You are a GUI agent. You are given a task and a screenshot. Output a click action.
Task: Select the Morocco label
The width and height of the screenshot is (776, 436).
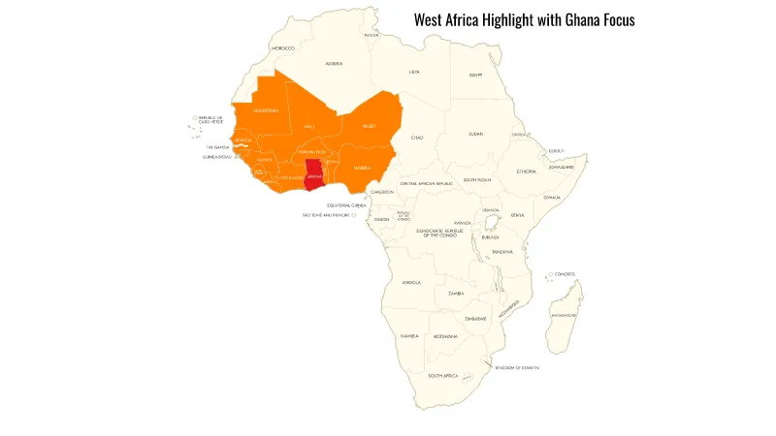point(283,47)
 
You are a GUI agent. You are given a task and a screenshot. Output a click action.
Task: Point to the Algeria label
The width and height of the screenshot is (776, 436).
point(334,64)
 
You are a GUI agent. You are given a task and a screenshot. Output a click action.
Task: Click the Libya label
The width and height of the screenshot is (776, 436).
point(414,72)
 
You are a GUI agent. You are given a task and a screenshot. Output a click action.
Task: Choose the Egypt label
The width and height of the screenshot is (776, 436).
point(475,75)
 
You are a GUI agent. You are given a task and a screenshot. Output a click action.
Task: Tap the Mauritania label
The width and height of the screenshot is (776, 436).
point(266,110)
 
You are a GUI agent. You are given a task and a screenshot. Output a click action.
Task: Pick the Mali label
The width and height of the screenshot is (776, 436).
point(309,126)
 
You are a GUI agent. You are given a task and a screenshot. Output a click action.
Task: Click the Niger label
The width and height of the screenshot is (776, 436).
point(369,126)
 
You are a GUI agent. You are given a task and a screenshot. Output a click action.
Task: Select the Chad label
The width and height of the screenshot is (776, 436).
point(418,138)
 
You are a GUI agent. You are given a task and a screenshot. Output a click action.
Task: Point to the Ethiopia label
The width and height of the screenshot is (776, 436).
point(527,171)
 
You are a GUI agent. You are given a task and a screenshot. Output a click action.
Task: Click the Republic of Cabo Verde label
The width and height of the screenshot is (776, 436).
point(211,120)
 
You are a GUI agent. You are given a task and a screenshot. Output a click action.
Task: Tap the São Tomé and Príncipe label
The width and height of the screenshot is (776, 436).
point(325,215)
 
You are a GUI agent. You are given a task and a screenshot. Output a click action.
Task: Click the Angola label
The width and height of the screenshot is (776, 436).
point(411,283)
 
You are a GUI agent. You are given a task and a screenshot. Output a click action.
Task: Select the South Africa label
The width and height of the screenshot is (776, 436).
point(443,375)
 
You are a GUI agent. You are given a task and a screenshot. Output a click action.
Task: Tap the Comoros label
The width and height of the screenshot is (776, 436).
point(565,274)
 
